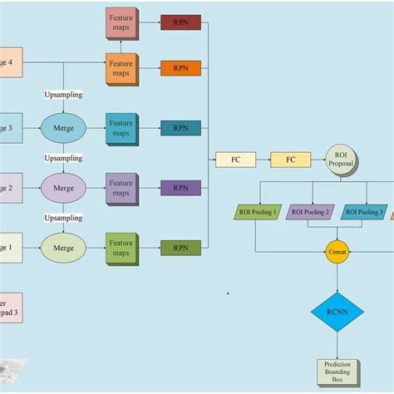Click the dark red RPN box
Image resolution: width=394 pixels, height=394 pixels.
[180, 22]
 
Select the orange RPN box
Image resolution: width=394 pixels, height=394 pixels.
[180, 68]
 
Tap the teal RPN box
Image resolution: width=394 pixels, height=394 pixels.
[180, 128]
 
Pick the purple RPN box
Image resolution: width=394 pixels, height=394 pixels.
[180, 188]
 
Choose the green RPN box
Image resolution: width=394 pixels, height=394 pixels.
[180, 248]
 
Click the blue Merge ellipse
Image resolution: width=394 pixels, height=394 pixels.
[63, 128]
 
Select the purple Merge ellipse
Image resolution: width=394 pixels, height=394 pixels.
[63, 188]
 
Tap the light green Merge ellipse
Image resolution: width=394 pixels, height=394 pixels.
[63, 248]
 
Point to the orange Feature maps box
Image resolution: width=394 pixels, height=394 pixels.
[121, 68]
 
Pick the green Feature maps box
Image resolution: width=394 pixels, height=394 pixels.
[121, 248]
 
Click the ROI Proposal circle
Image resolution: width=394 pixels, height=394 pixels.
[340, 159]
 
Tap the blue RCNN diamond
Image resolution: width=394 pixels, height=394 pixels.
[337, 313]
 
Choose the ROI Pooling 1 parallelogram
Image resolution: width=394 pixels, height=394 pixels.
[258, 212]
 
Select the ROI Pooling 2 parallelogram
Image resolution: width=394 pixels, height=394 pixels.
[310, 212]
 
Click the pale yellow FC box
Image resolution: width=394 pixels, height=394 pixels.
[235, 160]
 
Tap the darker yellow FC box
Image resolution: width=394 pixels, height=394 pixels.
[290, 160]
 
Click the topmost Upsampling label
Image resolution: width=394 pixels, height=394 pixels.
[63, 95]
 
